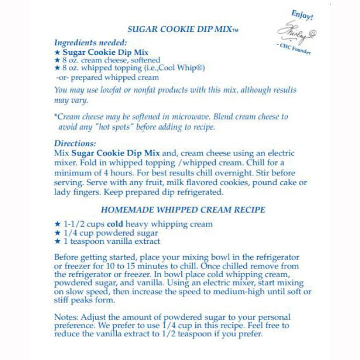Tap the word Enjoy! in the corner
click(302, 15)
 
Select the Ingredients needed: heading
click(90, 43)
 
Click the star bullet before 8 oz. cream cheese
click(57, 60)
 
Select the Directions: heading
click(75, 144)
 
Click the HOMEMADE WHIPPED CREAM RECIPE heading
click(183, 209)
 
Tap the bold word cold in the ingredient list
click(115, 224)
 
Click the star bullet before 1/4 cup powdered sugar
click(57, 233)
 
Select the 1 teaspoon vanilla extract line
click(111, 242)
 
